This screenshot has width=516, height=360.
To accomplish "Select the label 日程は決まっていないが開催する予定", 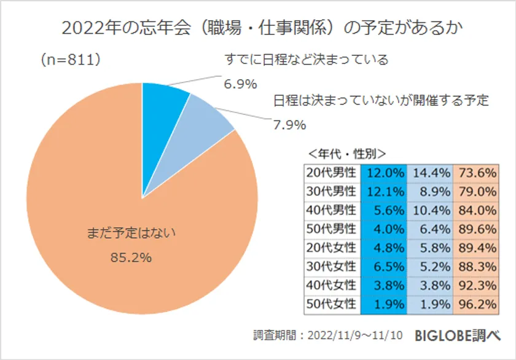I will [381, 100].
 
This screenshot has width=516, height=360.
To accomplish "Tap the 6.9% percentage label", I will [240, 84].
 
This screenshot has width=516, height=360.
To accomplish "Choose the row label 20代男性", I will [332, 173].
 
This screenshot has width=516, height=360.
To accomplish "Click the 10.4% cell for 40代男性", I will [430, 210].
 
